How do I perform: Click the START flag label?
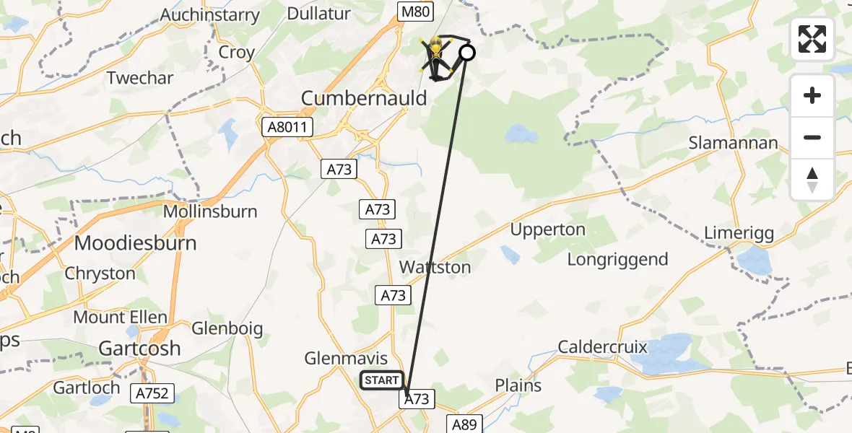[x=382, y=380]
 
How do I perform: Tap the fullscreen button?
[x=812, y=39]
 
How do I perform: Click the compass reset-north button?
[x=812, y=180]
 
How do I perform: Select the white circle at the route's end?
[x=467, y=52]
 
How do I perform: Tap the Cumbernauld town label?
[x=365, y=98]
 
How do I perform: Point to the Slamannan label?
[x=734, y=142]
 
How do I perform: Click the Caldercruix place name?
[x=603, y=347]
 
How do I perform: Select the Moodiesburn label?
[x=136, y=242]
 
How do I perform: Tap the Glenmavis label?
[x=346, y=359]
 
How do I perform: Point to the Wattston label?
[x=435, y=267]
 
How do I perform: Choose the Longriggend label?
[x=618, y=259]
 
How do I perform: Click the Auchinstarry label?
[x=209, y=15]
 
